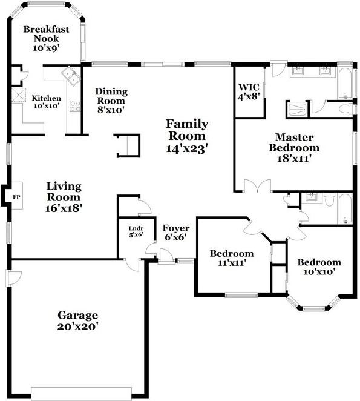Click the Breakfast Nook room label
[47, 38]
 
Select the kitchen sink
[71, 77]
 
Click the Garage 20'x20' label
[78, 320]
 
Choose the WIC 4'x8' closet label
[249, 91]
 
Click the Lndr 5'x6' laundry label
[135, 231]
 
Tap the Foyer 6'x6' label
[176, 233]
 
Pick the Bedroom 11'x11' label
[232, 258]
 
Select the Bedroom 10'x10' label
[318, 267]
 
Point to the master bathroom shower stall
[297, 110]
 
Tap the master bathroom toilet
[345, 109]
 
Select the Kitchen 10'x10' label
[47, 102]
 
